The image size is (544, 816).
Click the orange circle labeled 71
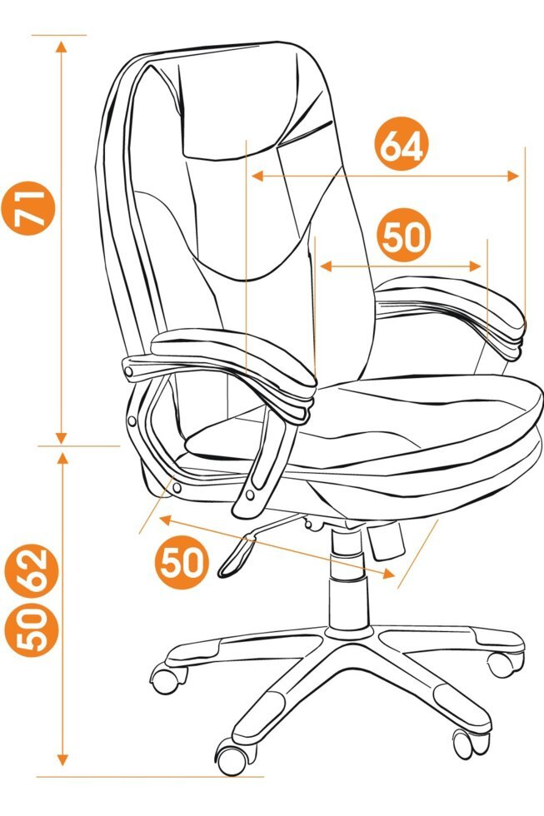click(x=29, y=208)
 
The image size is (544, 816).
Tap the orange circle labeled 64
click(x=402, y=144)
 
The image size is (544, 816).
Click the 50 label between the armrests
click(x=404, y=236)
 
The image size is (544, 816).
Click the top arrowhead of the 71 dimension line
click(x=62, y=47)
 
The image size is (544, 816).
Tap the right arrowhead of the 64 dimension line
click(x=513, y=176)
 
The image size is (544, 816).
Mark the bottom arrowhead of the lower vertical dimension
click(x=63, y=759)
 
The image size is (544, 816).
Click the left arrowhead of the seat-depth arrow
click(x=166, y=520)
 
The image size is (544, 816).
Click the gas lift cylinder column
click(x=347, y=578)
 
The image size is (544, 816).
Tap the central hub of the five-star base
click(x=349, y=633)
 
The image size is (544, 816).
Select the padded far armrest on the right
click(x=452, y=306)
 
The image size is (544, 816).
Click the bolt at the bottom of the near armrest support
click(x=251, y=495)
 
